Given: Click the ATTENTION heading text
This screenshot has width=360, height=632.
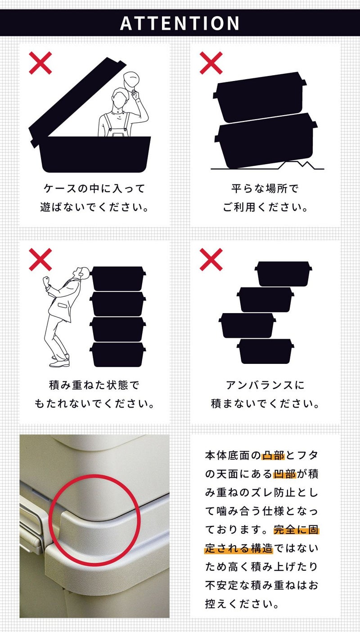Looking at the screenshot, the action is [x=180, y=23].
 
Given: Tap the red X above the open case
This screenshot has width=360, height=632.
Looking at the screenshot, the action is [x=40, y=63].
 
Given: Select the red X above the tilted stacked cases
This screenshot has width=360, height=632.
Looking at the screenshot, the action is [x=211, y=63].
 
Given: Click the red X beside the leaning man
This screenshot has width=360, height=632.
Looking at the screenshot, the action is [x=40, y=259].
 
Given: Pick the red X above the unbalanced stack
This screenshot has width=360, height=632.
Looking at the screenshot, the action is [x=211, y=259].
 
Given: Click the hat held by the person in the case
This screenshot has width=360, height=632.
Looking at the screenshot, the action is [x=131, y=81].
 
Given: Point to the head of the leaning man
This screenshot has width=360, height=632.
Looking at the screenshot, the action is [x=82, y=273].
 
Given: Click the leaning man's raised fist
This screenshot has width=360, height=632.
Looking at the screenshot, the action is [x=46, y=281].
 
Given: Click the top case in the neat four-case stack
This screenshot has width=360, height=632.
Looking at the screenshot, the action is [x=118, y=278].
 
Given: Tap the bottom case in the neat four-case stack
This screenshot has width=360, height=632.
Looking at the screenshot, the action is [x=118, y=354].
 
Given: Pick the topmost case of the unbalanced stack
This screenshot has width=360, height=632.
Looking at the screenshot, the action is [x=283, y=273].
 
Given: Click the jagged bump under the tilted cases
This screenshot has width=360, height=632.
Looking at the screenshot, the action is [x=299, y=165].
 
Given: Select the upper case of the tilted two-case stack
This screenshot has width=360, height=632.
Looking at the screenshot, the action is [x=259, y=97].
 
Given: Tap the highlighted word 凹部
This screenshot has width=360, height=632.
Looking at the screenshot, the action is [x=284, y=474].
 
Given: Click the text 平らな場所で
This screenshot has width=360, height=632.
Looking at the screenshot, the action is [x=265, y=188].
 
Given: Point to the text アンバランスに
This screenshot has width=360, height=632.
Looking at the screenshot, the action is [x=265, y=385].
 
